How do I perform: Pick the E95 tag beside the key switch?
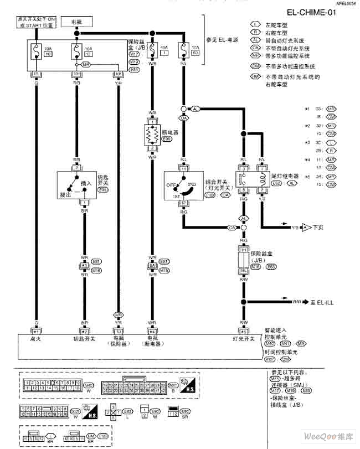(102, 190)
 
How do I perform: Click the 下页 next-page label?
(320, 227)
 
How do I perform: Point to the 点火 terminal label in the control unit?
(36, 338)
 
